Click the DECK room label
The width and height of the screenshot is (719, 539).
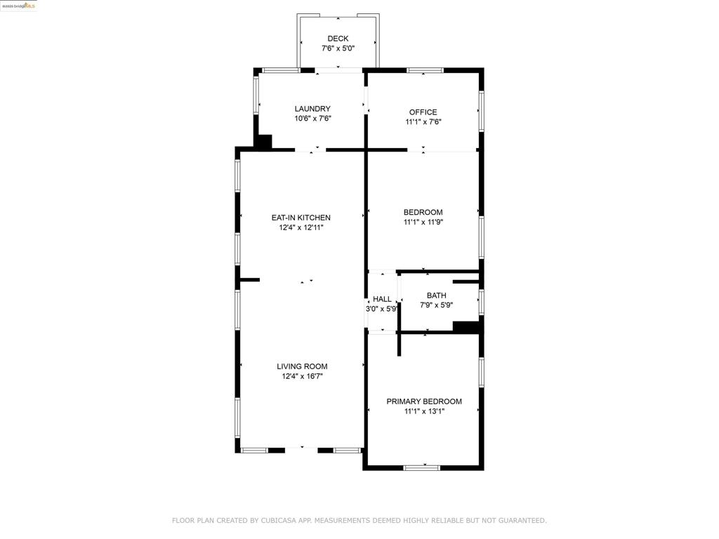point(338,39)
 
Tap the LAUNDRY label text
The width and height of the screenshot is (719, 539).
point(312,109)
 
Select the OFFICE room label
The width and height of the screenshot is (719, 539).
point(423,112)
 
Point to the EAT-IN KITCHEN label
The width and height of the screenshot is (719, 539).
point(301,218)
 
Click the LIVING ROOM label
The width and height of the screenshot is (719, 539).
point(302,366)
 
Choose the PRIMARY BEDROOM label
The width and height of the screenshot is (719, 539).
point(424,401)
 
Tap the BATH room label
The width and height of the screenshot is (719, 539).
point(437,295)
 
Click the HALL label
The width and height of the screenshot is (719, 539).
point(382,299)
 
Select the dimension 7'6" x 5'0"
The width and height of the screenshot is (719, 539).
point(338,48)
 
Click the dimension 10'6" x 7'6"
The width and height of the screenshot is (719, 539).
point(312,118)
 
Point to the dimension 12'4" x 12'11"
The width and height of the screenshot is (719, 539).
point(301,227)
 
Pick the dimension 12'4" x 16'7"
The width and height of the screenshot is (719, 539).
point(302,376)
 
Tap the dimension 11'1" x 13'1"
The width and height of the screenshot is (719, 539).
point(424,411)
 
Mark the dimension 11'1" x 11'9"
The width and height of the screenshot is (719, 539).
point(423,222)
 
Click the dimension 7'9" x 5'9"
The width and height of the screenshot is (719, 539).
point(437,305)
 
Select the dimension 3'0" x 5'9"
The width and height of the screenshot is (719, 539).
point(381,309)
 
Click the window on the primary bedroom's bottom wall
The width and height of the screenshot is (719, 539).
point(422,467)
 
